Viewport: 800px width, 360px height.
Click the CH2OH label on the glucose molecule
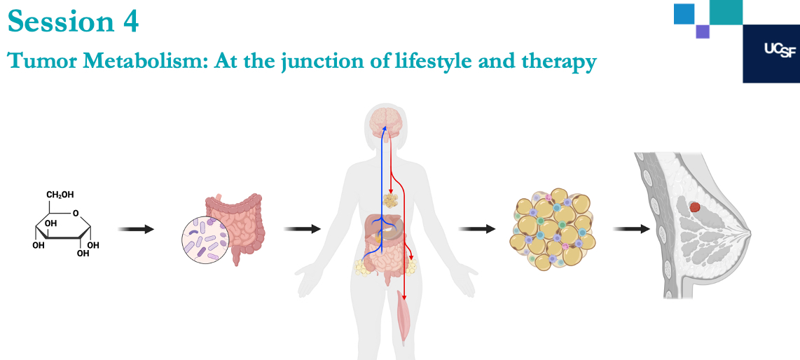click(x=60, y=195)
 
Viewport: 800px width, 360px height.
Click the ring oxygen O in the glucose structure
click(x=76, y=213)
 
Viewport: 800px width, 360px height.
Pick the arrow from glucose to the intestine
click(x=136, y=230)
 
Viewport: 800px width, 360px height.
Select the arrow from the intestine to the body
click(x=302, y=230)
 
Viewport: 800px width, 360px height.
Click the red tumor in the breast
click(x=694, y=207)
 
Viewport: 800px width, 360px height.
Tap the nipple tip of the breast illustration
click(x=750, y=233)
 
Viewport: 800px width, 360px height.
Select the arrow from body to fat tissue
click(x=477, y=230)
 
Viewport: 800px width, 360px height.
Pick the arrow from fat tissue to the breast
click(x=632, y=230)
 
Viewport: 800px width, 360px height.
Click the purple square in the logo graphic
click(x=703, y=32)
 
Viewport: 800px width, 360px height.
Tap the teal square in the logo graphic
click(x=726, y=12)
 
